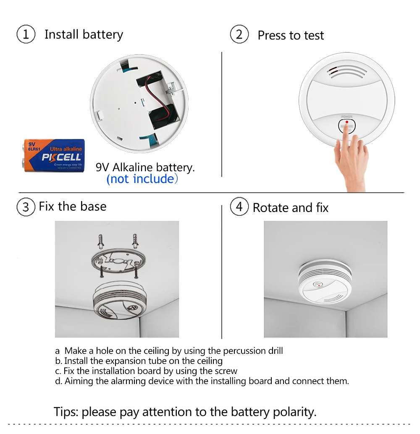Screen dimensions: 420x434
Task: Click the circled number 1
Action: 26,34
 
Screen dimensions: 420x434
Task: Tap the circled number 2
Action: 239,34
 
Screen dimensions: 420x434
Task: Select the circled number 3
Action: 26,207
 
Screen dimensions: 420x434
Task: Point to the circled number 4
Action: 239,207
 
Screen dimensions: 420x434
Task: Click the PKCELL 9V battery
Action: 53,156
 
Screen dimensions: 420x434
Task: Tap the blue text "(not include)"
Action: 142,179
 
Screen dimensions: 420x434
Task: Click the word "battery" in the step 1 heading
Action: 103,35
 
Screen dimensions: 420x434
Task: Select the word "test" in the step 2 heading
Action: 314,35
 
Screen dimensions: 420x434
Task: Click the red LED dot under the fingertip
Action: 346,122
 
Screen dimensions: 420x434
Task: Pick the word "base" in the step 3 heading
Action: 93,207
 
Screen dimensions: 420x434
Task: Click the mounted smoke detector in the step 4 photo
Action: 325,281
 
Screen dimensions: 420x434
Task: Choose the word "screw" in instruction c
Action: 226,371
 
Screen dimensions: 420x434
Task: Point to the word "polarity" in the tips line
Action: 294,412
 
